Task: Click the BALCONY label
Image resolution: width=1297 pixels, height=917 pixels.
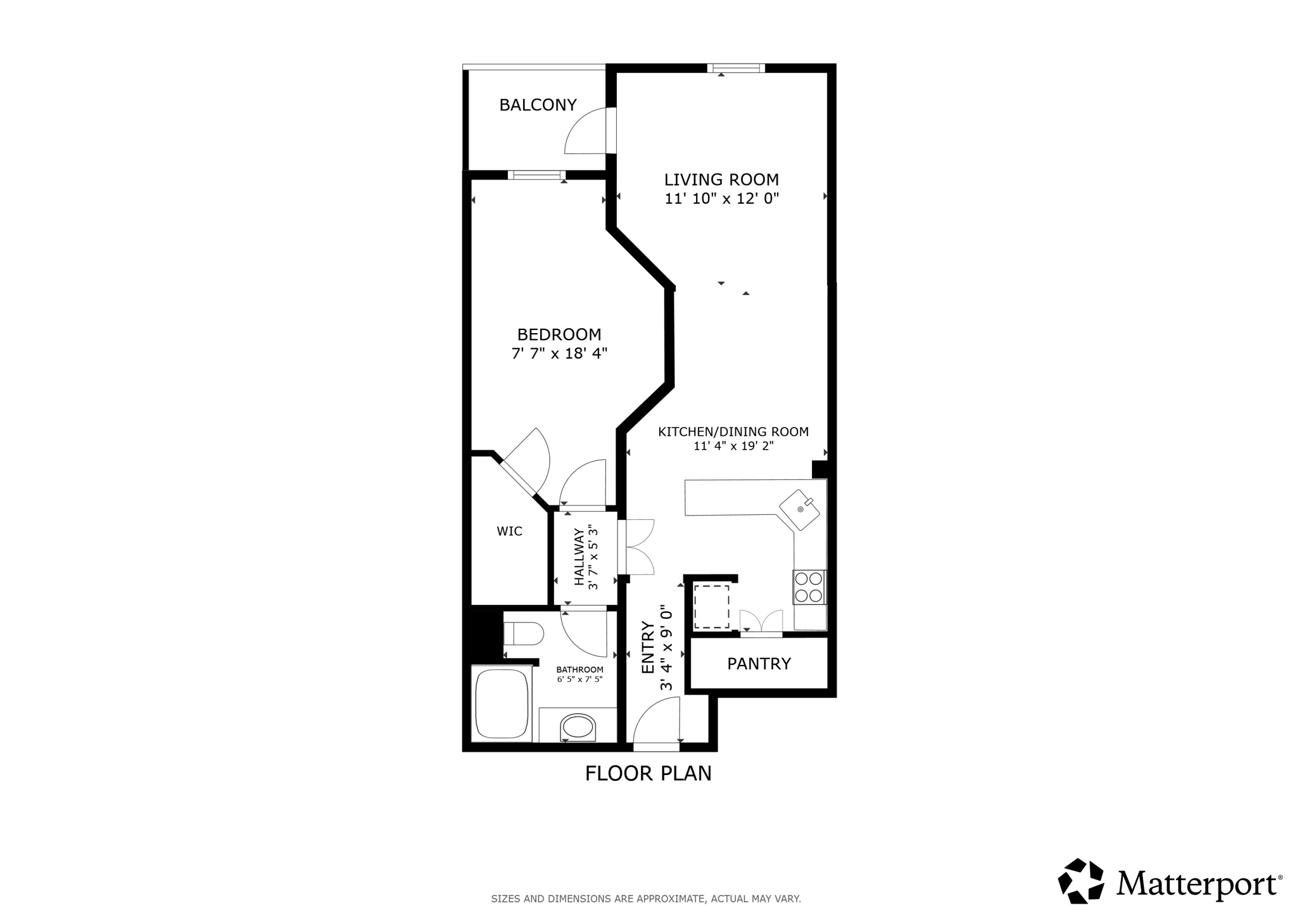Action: (x=538, y=105)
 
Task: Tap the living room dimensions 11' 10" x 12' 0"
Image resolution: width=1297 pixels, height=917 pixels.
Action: (x=721, y=199)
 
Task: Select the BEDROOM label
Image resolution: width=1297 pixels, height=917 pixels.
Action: (x=559, y=334)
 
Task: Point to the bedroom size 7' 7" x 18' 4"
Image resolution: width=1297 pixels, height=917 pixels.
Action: (x=559, y=353)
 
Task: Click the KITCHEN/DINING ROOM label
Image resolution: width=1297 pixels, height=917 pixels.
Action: (x=733, y=432)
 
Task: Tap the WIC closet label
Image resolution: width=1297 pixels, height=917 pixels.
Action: (x=509, y=531)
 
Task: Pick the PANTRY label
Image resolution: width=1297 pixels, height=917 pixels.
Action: (x=759, y=664)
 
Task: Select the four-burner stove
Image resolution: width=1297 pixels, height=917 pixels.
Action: (x=809, y=587)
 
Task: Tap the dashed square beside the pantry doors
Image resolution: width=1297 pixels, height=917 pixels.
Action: (x=711, y=606)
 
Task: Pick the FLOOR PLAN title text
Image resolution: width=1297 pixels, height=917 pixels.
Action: (x=648, y=773)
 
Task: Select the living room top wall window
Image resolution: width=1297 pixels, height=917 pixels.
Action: (x=736, y=68)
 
